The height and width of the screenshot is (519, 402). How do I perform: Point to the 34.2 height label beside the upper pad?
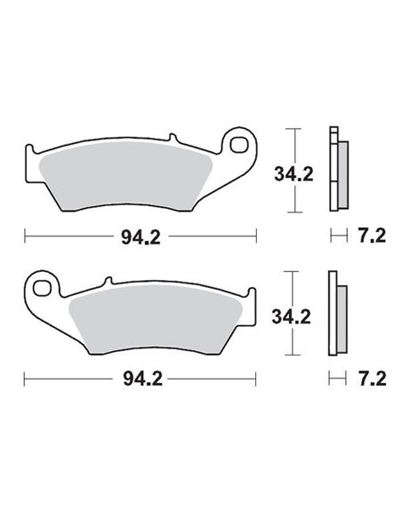point(293,174)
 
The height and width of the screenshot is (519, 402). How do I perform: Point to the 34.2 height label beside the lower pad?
point(293,315)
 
